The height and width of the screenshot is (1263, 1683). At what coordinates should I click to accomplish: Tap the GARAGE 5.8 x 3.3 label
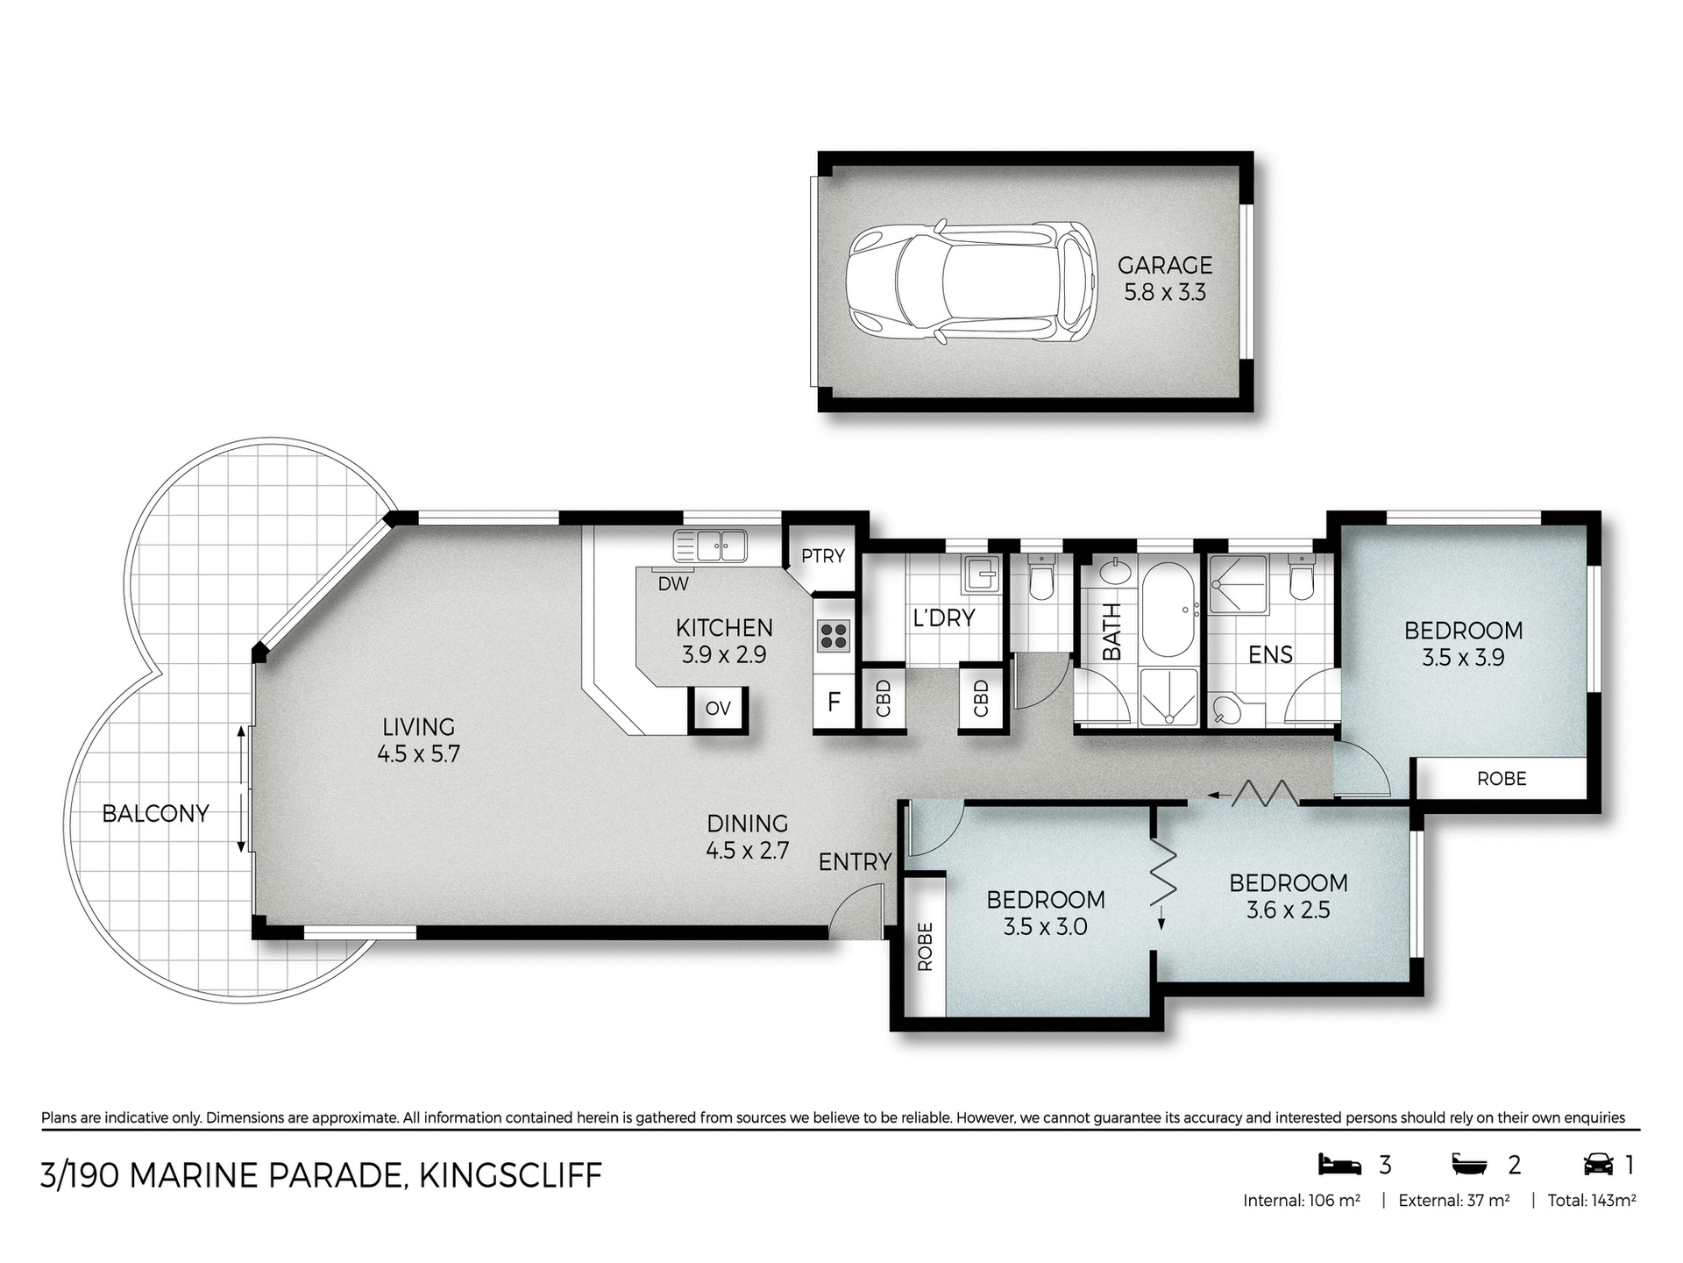[1165, 278]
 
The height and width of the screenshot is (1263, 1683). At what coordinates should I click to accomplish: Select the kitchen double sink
[709, 546]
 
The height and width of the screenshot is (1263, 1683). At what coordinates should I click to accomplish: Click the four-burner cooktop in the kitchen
[833, 635]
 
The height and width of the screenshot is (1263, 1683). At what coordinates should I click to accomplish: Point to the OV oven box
[718, 709]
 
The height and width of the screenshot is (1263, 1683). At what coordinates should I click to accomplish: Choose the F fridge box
[834, 702]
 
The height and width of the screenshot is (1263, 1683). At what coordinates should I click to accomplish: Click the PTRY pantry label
[822, 556]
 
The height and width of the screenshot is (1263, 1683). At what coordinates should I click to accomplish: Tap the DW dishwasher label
[673, 584]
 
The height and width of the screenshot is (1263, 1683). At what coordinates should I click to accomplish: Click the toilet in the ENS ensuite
[1301, 579]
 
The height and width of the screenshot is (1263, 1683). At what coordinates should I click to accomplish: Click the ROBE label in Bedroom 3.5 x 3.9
[1501, 779]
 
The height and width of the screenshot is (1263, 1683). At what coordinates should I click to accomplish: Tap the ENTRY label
[855, 862]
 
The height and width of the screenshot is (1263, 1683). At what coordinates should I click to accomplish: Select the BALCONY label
[155, 814]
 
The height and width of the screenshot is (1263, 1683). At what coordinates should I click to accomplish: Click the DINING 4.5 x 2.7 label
[748, 836]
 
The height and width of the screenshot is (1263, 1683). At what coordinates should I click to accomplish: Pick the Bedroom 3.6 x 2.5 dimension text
[1288, 910]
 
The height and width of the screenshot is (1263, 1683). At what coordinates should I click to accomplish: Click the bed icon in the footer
[1339, 1165]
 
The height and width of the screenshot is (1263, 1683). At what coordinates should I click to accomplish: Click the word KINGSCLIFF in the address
[510, 1175]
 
